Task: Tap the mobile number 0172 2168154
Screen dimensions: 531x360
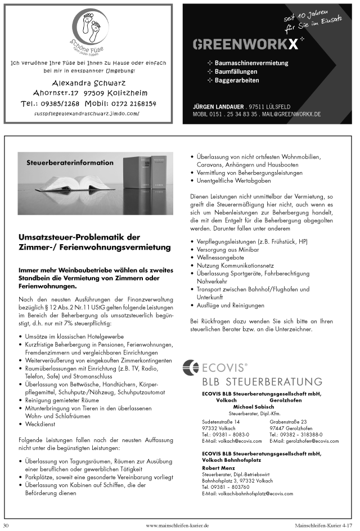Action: [120, 103]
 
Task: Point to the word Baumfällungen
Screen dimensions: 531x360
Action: [237, 72]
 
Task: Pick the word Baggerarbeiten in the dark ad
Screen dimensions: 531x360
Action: [238, 80]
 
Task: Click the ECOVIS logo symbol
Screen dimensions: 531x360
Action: [191, 368]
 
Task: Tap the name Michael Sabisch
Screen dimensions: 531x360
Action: [252, 407]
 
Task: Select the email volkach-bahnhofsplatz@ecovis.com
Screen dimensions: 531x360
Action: [247, 493]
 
